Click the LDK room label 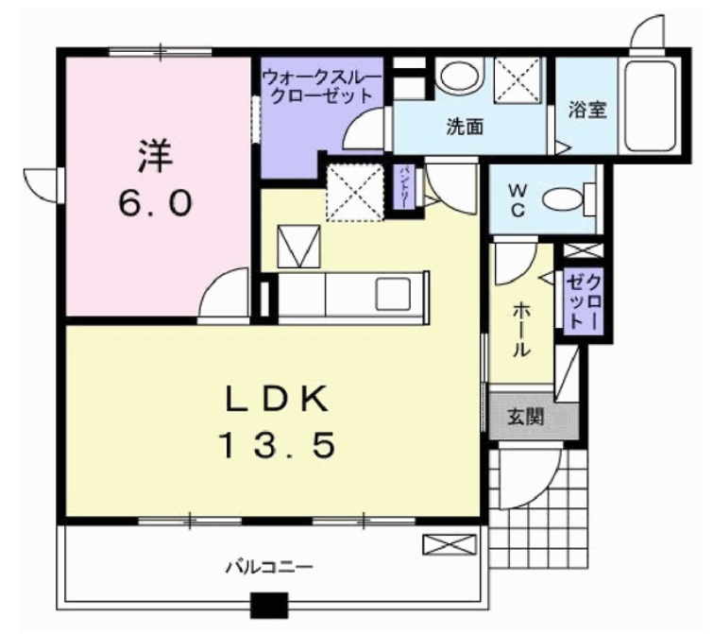[x=277, y=401]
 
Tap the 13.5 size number [x=277, y=445]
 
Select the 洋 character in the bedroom [x=158, y=155]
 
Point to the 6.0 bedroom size [x=157, y=201]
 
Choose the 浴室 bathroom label [x=586, y=109]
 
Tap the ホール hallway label [x=520, y=329]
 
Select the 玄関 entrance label [x=522, y=416]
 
